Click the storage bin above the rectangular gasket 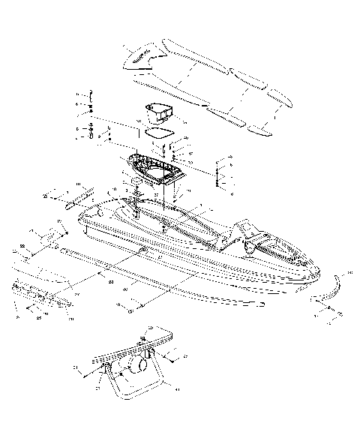click(158, 112)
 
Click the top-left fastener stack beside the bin click(91, 105)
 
